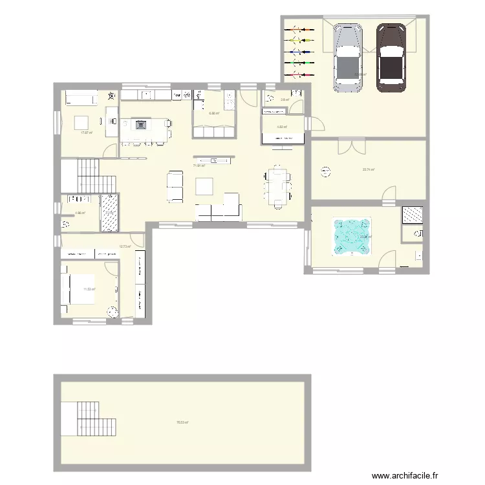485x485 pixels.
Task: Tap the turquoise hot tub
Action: pyautogui.click(x=352, y=235)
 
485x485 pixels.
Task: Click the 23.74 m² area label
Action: pyautogui.click(x=369, y=170)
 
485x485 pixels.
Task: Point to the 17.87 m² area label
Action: pyautogui.click(x=86, y=133)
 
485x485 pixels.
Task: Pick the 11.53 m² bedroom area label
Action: pyautogui.click(x=89, y=290)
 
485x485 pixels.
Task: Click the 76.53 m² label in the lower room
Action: pyautogui.click(x=182, y=423)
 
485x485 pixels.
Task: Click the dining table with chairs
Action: pyautogui.click(x=277, y=187)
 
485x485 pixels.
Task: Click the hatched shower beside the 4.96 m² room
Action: pyautogui.click(x=109, y=212)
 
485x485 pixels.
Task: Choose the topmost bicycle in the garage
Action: pyautogui.click(x=300, y=29)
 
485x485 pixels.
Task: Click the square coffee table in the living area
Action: pyautogui.click(x=205, y=186)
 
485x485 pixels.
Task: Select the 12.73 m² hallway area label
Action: pyautogui.click(x=125, y=246)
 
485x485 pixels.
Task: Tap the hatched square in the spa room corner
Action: pyautogui.click(x=411, y=215)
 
